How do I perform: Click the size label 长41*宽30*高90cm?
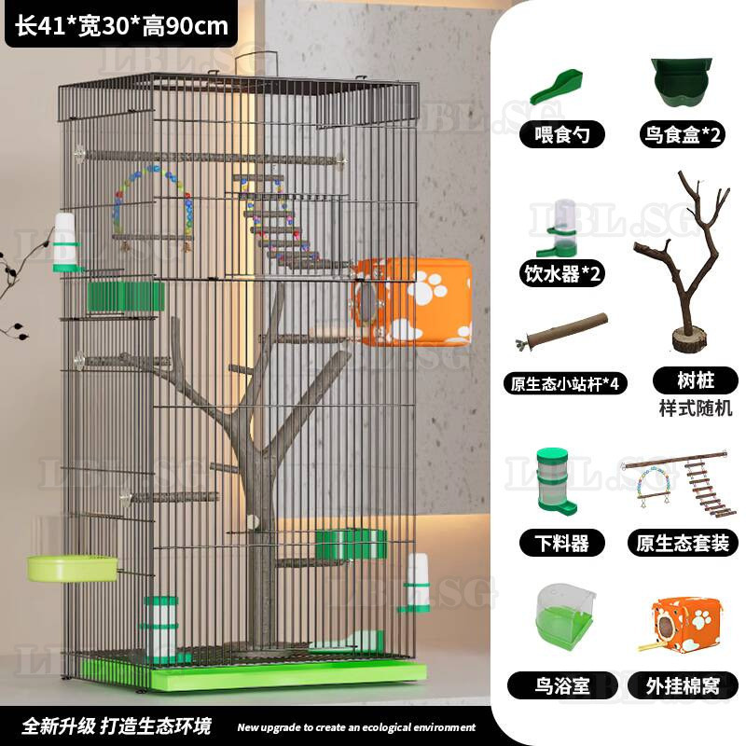(x=121, y=26)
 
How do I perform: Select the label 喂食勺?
(x=562, y=134)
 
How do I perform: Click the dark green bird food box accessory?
(x=682, y=82)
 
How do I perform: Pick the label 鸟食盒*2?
(x=682, y=134)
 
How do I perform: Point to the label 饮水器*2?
(x=562, y=273)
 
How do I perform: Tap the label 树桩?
(x=696, y=380)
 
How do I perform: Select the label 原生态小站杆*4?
(x=565, y=384)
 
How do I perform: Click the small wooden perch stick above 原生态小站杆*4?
(x=562, y=330)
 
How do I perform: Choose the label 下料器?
(x=562, y=543)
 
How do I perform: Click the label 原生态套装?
(x=683, y=543)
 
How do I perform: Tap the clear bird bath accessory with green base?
(x=565, y=616)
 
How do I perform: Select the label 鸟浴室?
(x=562, y=685)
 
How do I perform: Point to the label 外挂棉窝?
(x=683, y=685)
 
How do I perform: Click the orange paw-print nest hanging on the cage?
(x=412, y=301)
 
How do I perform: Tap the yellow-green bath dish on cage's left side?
(x=72, y=569)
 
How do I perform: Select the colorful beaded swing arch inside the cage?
(x=153, y=203)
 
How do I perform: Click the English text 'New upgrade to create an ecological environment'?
(x=356, y=727)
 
